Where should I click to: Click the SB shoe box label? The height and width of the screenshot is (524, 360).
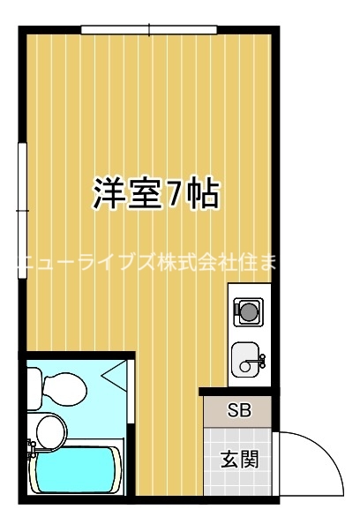click(x=239, y=410)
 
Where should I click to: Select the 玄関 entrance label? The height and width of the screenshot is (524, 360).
click(x=239, y=460)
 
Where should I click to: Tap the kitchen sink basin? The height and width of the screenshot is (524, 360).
click(x=246, y=359)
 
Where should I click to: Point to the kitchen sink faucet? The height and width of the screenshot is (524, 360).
click(x=259, y=358)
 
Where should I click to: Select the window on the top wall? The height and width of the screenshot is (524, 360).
click(x=149, y=31)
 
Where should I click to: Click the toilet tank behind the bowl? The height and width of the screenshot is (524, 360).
click(x=33, y=385)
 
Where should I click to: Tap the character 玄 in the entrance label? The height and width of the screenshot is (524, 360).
click(x=229, y=460)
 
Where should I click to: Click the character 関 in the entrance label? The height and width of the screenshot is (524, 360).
click(x=250, y=460)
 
